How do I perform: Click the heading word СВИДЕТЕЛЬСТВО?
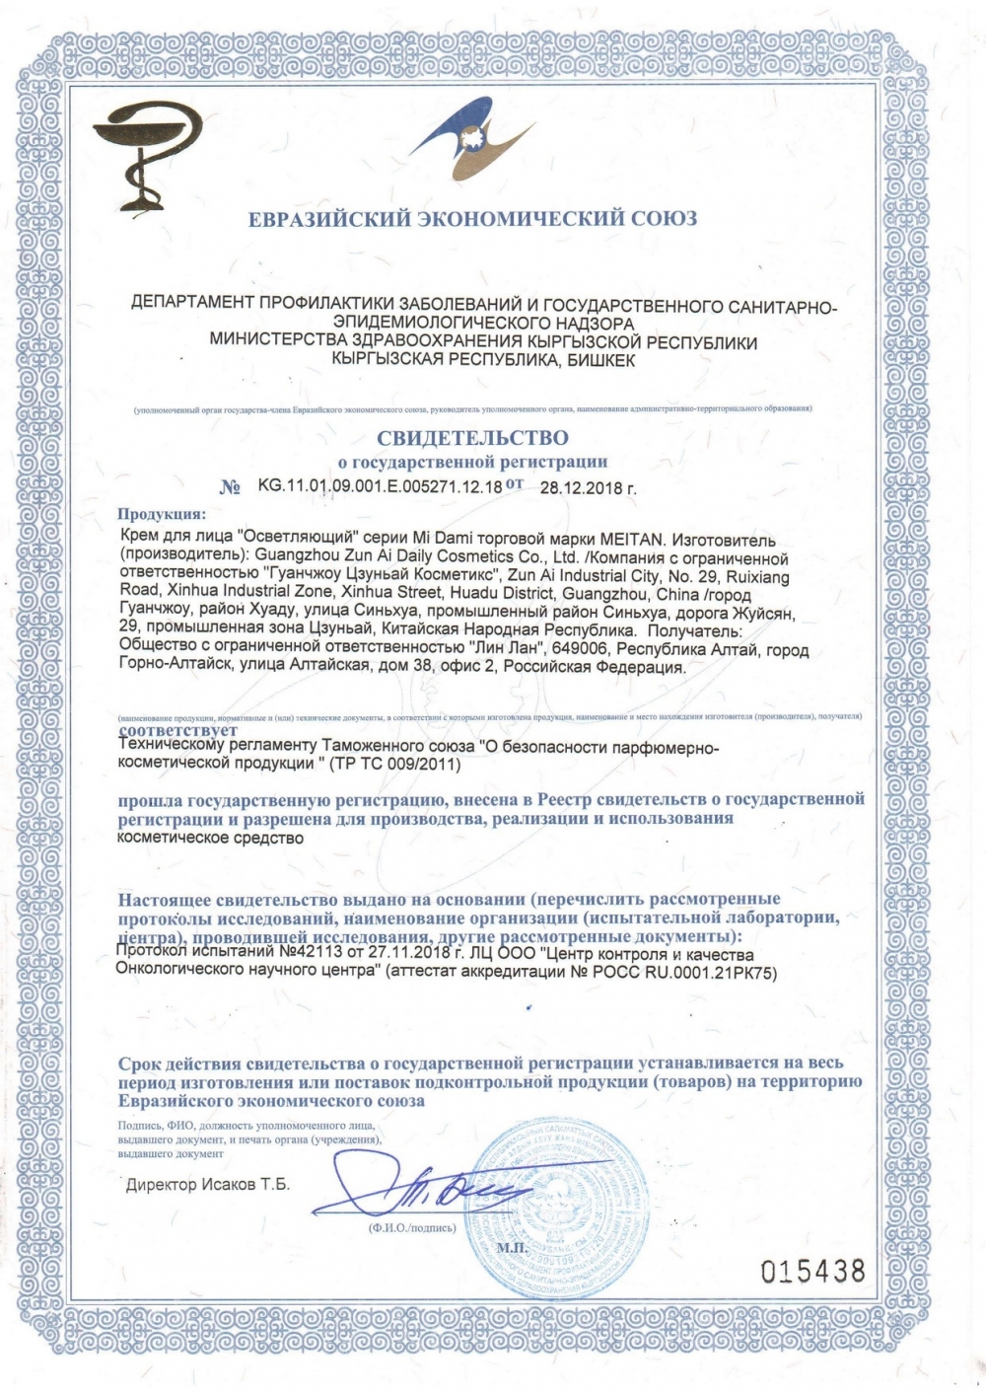pyautogui.click(x=472, y=436)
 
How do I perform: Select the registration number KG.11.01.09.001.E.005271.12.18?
pyautogui.click(x=380, y=485)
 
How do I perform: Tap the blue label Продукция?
pyautogui.click(x=162, y=514)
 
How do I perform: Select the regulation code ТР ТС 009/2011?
pyautogui.click(x=403, y=765)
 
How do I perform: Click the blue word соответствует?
pyautogui.click(x=177, y=731)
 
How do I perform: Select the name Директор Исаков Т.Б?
pyautogui.click(x=208, y=1185)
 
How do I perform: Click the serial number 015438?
pyautogui.click(x=813, y=1271)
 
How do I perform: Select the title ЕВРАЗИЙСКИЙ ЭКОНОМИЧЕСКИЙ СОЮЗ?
pyautogui.click(x=472, y=218)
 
